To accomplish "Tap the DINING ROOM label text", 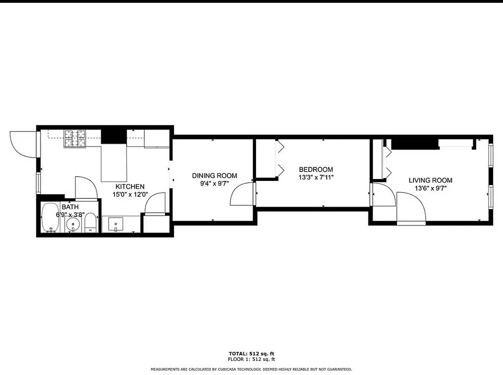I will point(214,176).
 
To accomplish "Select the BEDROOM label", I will point(316,170).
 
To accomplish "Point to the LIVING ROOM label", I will point(430,180).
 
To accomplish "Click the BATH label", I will point(70,207).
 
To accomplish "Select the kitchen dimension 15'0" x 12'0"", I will point(130,194).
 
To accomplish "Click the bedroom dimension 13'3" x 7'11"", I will point(316,177).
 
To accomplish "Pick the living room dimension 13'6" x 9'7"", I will point(430,188).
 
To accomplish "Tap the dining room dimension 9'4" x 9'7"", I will point(214,183).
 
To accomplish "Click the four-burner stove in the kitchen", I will point(75,138).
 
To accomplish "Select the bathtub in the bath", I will point(49,217).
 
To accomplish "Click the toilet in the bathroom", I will point(90,223).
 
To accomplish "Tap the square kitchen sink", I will point(116,224).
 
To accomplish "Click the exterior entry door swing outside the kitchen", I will point(21,143).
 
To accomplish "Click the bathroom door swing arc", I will point(86,187).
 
